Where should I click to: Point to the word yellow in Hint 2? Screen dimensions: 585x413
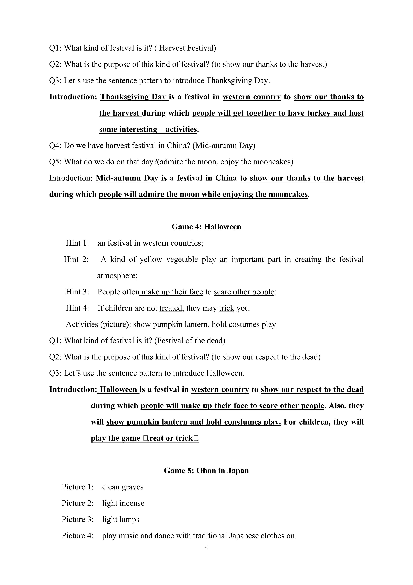click(151, 259)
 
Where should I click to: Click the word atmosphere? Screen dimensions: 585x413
click(117, 276)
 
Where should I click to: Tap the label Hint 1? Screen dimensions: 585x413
click(77, 243)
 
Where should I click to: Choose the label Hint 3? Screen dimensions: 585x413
click(77, 292)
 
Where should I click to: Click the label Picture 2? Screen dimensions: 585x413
click(78, 503)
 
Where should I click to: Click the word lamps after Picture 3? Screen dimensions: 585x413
click(130, 519)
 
